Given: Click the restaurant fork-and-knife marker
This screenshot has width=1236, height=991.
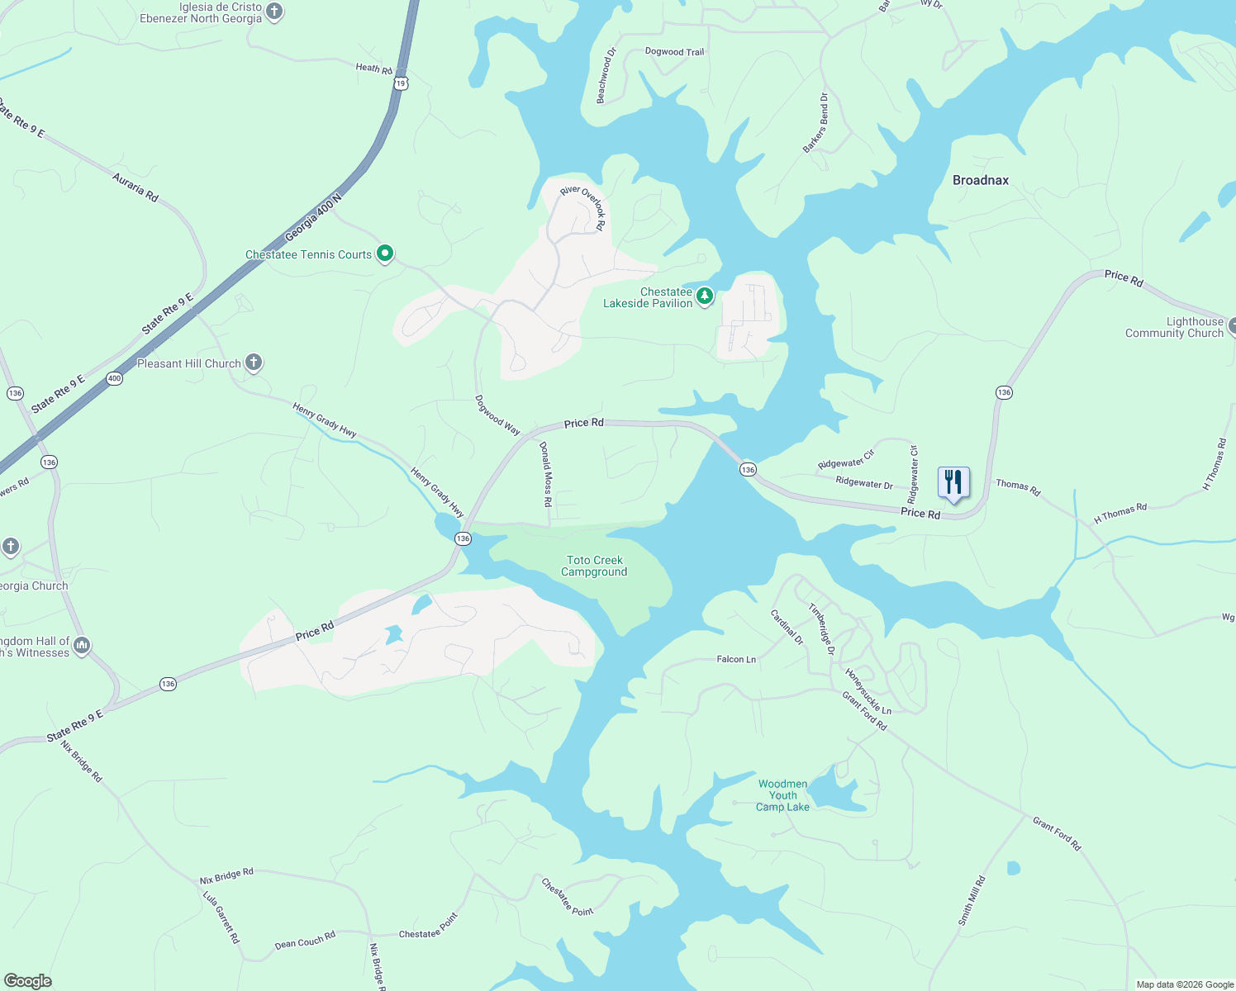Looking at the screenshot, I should point(953,481).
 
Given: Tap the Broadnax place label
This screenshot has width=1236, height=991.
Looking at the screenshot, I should point(981,180).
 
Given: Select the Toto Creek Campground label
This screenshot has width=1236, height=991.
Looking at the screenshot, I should point(594,566).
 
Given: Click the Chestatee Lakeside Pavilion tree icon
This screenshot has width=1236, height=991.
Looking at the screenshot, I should point(704,296).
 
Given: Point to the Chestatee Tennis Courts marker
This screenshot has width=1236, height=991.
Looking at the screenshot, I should point(385,254).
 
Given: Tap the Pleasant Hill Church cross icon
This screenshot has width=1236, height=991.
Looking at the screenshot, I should point(254,363).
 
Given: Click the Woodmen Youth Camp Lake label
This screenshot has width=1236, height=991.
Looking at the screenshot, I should point(782,795).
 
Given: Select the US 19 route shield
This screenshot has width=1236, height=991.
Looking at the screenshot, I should point(402,83).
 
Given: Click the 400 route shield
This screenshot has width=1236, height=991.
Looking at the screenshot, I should point(114,378).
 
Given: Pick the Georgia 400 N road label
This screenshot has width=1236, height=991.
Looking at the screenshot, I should point(313,218).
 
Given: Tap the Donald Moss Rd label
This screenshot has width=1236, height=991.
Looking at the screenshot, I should point(546,474).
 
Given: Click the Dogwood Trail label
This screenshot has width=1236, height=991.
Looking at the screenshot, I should point(674,51).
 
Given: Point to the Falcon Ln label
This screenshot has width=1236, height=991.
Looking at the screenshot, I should point(736,659).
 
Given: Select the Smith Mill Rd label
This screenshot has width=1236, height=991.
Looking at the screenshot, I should point(972,900).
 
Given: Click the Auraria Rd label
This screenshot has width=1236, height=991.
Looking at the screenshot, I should point(135,187).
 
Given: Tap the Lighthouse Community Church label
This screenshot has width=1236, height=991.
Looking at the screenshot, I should point(1174,327).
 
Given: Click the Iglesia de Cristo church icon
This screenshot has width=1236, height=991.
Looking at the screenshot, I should point(275,12).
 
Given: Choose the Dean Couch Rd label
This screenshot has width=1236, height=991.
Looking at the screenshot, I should point(305,940).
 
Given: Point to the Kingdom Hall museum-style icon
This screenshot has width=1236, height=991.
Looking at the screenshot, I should point(81,646).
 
